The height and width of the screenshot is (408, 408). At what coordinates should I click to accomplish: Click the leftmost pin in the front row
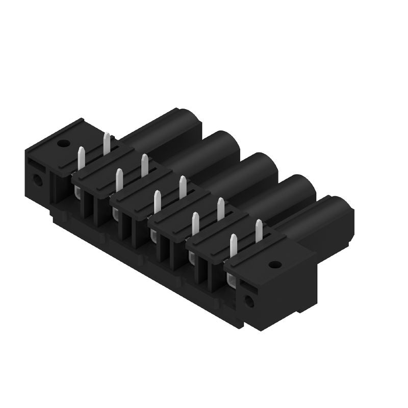pyautogui.click(x=81, y=158)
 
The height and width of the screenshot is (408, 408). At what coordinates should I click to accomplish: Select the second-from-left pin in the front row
pyautogui.click(x=119, y=180)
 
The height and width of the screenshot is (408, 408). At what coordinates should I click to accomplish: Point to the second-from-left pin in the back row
pyautogui.click(x=144, y=165)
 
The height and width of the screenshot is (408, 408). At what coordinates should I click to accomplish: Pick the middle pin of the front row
pyautogui.click(x=157, y=201)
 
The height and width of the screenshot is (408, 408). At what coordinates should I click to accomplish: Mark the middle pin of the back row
pyautogui.click(x=183, y=187)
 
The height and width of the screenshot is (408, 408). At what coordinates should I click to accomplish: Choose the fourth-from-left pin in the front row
pyautogui.click(x=195, y=223)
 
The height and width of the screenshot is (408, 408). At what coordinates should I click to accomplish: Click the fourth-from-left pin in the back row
pyautogui.click(x=221, y=209)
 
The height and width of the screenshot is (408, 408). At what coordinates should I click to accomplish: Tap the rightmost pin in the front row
pyautogui.click(x=234, y=245)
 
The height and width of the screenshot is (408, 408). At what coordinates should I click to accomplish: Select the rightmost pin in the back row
pyautogui.click(x=259, y=230)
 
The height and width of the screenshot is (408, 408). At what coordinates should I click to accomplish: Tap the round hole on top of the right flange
pyautogui.click(x=274, y=264)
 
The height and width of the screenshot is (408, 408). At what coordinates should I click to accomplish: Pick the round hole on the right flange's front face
pyautogui.click(x=249, y=301)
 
